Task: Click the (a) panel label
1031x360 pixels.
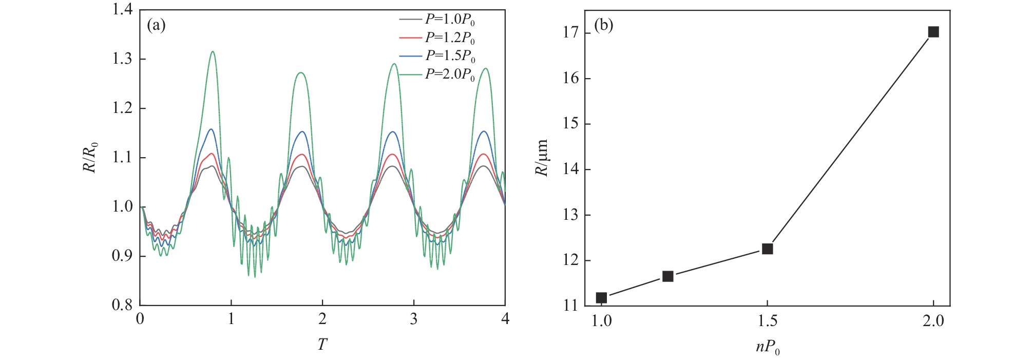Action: (x=156, y=25)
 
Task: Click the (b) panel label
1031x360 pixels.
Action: (x=604, y=25)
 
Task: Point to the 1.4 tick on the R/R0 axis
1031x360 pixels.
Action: (x=122, y=10)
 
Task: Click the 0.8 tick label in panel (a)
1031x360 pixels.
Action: (x=122, y=305)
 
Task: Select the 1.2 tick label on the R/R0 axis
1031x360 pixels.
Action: (x=122, y=108)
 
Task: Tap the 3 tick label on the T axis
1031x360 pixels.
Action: (x=414, y=319)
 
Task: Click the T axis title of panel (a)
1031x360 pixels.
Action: (x=322, y=344)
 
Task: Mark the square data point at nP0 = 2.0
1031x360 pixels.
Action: (x=933, y=32)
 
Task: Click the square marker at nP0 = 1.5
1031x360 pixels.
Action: (x=768, y=249)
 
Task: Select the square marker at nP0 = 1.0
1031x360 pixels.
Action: (x=601, y=297)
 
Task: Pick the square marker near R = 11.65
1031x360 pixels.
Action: (x=667, y=276)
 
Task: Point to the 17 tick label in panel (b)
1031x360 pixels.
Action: (x=571, y=33)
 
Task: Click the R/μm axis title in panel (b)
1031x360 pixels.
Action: (x=542, y=157)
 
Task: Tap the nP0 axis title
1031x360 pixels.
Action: (x=768, y=348)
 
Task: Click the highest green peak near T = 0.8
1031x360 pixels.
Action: (x=213, y=51)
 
